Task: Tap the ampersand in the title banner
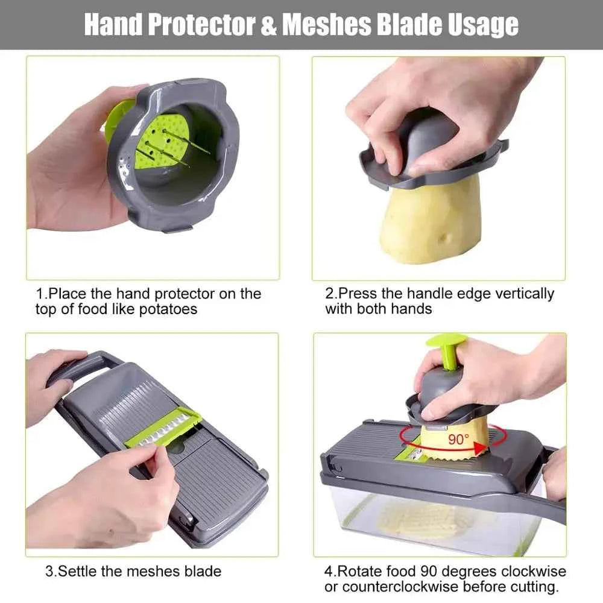(269, 25)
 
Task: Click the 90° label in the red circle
(458, 439)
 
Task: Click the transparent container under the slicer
(434, 525)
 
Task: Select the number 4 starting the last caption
(329, 571)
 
